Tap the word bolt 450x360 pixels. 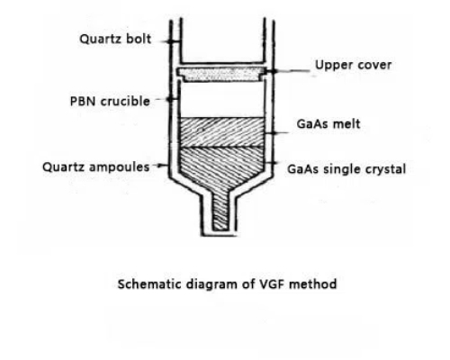[x=139, y=39]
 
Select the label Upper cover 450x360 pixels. [x=353, y=66]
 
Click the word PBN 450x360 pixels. [x=82, y=101]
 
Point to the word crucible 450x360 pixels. [x=125, y=101]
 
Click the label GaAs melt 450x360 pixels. [x=328, y=124]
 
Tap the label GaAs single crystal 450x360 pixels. [x=346, y=169]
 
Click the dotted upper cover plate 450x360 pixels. [x=221, y=75]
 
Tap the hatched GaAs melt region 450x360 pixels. [x=221, y=132]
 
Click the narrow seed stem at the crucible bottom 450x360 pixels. [x=220, y=211]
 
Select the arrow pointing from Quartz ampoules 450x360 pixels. [x=160, y=166]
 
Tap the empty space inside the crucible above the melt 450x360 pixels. [x=221, y=99]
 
